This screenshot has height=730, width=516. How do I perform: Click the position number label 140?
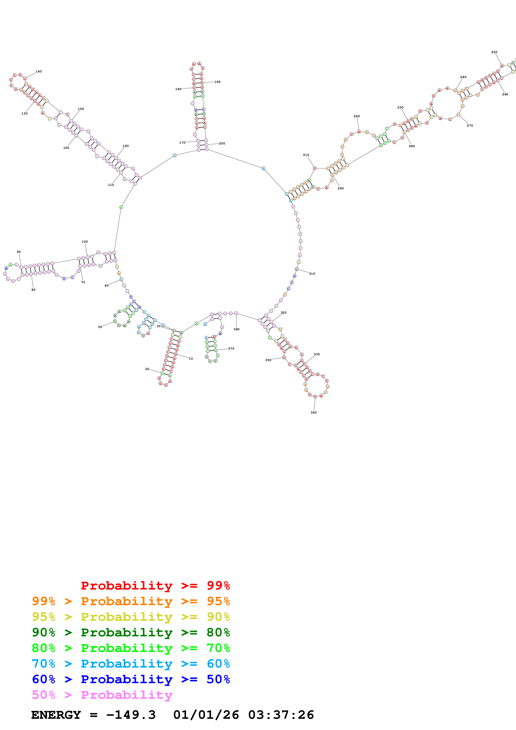[39, 72]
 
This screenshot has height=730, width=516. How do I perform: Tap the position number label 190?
[218, 82]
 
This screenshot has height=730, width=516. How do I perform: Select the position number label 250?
[494, 52]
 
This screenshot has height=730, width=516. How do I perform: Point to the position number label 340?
[313, 413]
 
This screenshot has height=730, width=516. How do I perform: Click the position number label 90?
[19, 252]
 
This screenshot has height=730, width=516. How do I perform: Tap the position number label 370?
[231, 349]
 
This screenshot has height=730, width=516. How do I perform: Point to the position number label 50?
[100, 327]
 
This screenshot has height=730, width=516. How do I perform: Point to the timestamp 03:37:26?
[281, 715]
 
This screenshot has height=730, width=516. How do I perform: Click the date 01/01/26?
[206, 715]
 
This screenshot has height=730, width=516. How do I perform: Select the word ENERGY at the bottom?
[56, 715]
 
